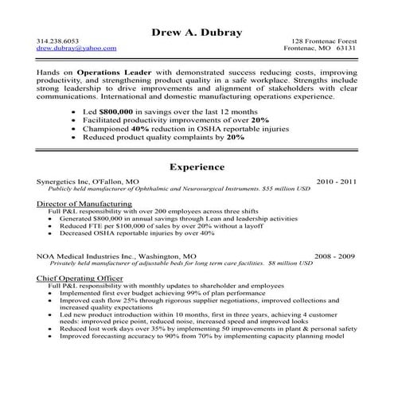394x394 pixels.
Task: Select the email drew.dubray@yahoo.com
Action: click(70, 49)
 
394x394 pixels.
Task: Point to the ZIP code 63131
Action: click(347, 49)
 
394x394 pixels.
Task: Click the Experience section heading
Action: click(197, 168)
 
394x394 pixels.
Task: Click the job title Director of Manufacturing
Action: click(84, 205)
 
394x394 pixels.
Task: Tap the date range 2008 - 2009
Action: click(335, 257)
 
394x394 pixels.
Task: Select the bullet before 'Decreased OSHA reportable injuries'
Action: click(50, 234)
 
